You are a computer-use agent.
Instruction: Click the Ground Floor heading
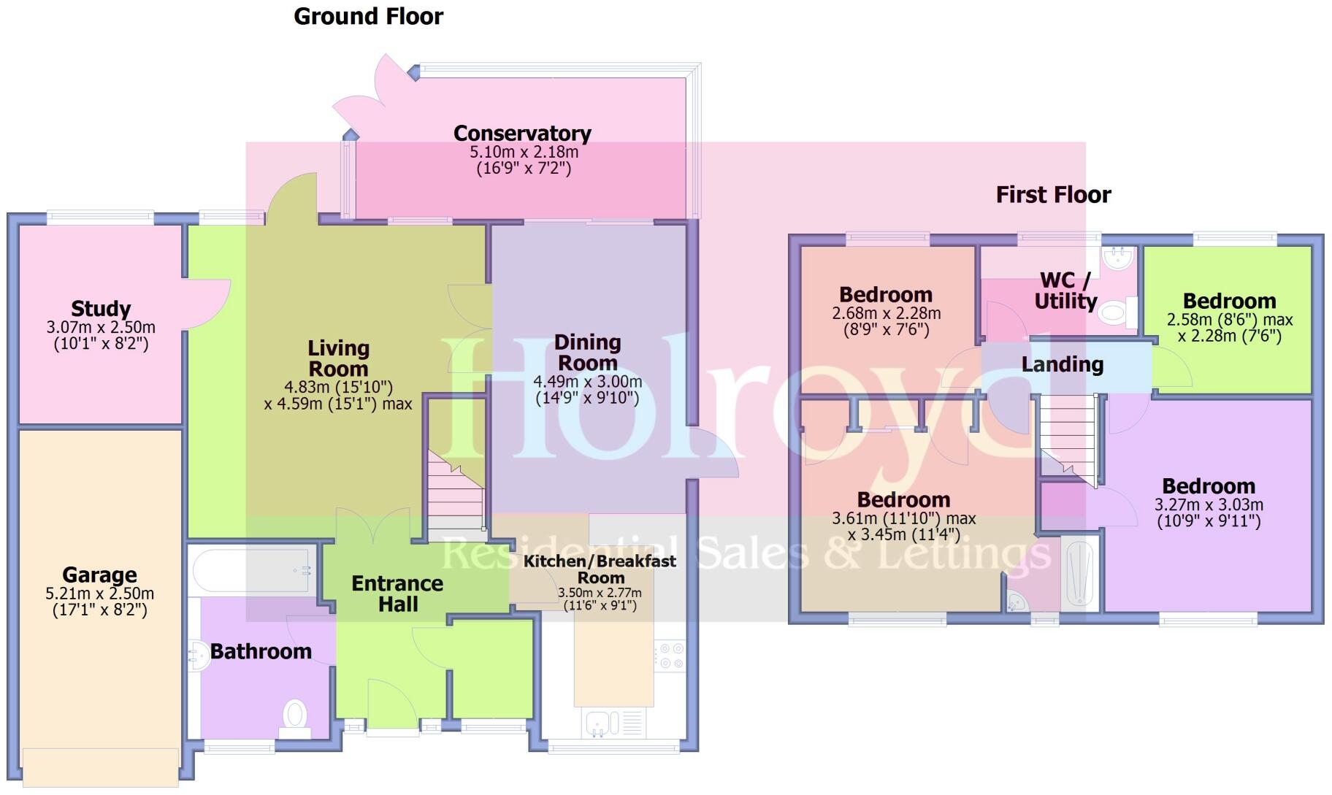tap(368, 16)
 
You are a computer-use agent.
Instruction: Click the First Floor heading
tap(1053, 194)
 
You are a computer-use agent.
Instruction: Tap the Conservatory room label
tap(522, 134)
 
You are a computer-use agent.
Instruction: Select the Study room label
tap(101, 309)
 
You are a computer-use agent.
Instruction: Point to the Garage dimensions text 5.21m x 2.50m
tap(100, 594)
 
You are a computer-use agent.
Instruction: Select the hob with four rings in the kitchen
tap(670, 655)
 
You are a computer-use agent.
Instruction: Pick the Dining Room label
tap(587, 353)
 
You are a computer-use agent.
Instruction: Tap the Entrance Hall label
tap(397, 594)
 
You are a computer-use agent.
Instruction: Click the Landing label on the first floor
tap(1062, 364)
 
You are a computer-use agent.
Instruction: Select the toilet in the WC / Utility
tap(1114, 313)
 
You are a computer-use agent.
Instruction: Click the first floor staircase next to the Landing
tap(1068, 438)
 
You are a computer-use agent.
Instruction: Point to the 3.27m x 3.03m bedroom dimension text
tap(1209, 504)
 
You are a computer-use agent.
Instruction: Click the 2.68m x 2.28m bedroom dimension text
tap(886, 313)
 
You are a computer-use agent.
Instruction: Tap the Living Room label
tap(338, 358)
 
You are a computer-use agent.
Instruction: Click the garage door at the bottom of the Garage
tap(100, 767)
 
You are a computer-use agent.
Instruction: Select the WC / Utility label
tap(1065, 291)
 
